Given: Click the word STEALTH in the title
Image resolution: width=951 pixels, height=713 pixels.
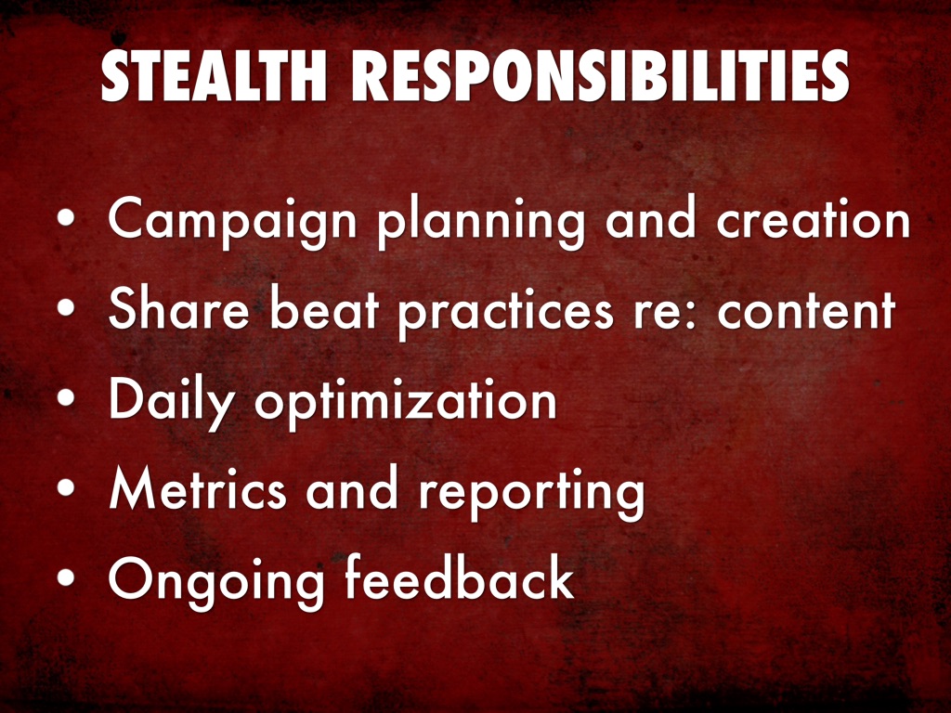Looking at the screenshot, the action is tap(215, 76).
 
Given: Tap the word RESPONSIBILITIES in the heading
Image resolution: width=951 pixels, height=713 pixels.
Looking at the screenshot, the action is tap(601, 76).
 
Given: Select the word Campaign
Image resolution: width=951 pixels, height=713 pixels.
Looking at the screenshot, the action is tap(232, 222).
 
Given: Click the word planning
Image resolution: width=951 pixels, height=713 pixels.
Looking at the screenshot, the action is tap(481, 222).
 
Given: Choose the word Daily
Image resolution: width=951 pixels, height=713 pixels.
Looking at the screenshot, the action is tap(171, 403).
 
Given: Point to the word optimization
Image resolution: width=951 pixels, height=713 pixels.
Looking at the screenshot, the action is tap(405, 402).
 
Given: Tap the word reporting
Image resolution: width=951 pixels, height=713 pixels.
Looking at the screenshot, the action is tap(531, 494).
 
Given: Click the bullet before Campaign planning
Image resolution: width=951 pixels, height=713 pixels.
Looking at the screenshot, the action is tap(66, 217).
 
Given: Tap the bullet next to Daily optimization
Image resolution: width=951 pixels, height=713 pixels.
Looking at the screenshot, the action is tap(66, 397).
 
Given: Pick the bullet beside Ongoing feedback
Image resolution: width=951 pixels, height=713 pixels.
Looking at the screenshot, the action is tap(66, 577).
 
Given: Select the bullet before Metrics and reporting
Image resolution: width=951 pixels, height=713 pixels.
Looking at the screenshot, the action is tap(66, 486).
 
